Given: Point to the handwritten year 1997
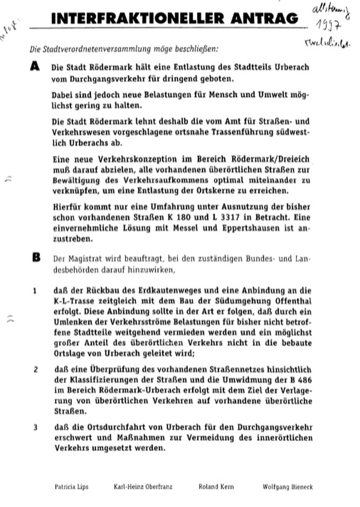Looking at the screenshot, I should [328, 25].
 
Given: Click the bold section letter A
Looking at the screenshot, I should [35, 67].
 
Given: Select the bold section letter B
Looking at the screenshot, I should [36, 257].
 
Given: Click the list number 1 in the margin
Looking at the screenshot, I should [35, 291].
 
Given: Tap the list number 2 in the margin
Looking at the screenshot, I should [36, 370].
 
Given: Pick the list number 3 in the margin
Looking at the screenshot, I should [35, 428].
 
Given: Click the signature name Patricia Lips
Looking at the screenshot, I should [71, 487].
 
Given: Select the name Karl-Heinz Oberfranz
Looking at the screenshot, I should [143, 487].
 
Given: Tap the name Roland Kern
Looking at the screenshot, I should [216, 487].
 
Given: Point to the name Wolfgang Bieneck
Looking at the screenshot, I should [288, 487].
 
